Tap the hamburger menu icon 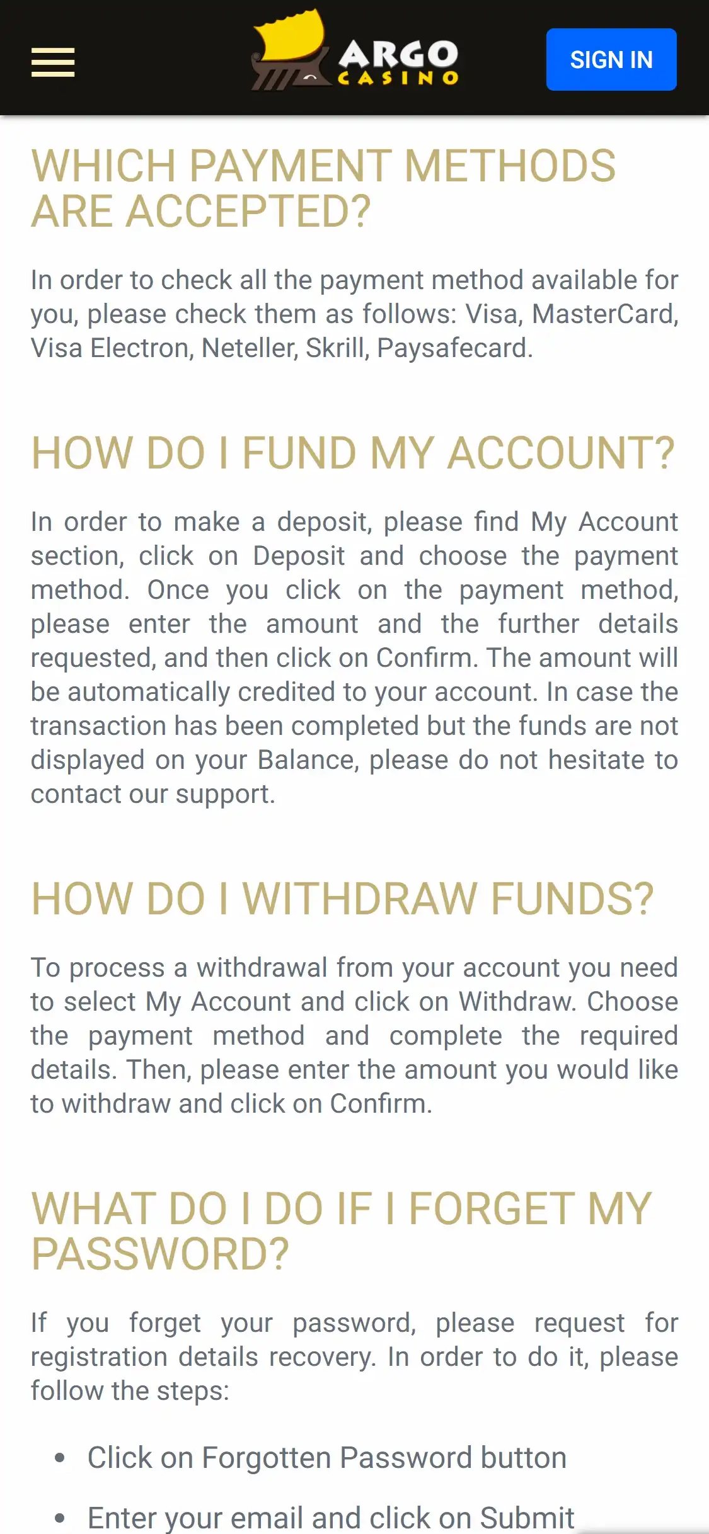tap(53, 62)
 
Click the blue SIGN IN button tap(611, 60)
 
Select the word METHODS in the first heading tap(510, 166)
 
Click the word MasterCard tap(604, 314)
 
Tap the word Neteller tap(249, 348)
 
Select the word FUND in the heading tap(299, 453)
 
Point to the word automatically tap(149, 692)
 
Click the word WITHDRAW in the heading tap(360, 899)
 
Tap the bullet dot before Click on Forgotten tap(60, 1458)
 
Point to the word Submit tap(527, 1518)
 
